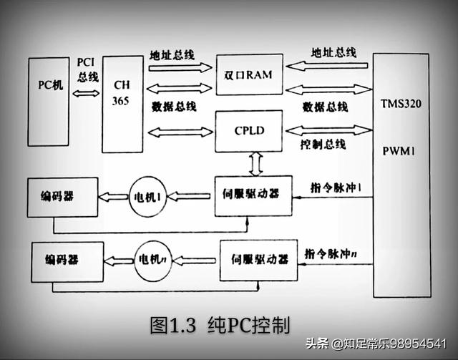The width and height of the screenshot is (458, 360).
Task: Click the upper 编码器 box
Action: click(61, 196)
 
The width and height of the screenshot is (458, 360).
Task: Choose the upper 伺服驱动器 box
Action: click(254, 195)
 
